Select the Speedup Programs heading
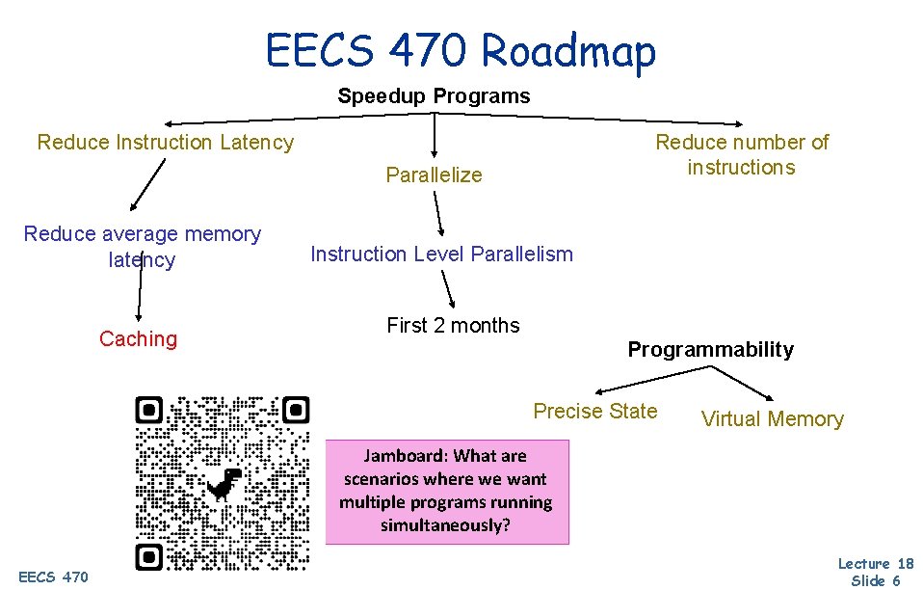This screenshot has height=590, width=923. [x=434, y=95]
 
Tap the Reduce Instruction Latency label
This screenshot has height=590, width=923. [x=165, y=143]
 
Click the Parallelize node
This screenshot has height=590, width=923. [x=434, y=174]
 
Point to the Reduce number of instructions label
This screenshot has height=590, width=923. [x=741, y=154]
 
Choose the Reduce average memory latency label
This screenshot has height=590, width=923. [x=143, y=246]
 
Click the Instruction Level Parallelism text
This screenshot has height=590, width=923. [x=441, y=255]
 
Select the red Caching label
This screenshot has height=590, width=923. [x=138, y=338]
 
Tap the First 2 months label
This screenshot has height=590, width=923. [x=453, y=326]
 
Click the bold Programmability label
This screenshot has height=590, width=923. [x=710, y=350]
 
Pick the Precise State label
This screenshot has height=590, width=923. [x=595, y=411]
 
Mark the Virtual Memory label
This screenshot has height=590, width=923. [x=772, y=418]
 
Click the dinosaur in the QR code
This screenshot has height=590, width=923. [x=224, y=483]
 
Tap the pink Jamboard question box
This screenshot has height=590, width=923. [x=447, y=492]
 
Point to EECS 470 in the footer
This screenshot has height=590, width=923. [x=53, y=577]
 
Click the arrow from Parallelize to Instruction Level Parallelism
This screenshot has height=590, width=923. [x=438, y=213]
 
